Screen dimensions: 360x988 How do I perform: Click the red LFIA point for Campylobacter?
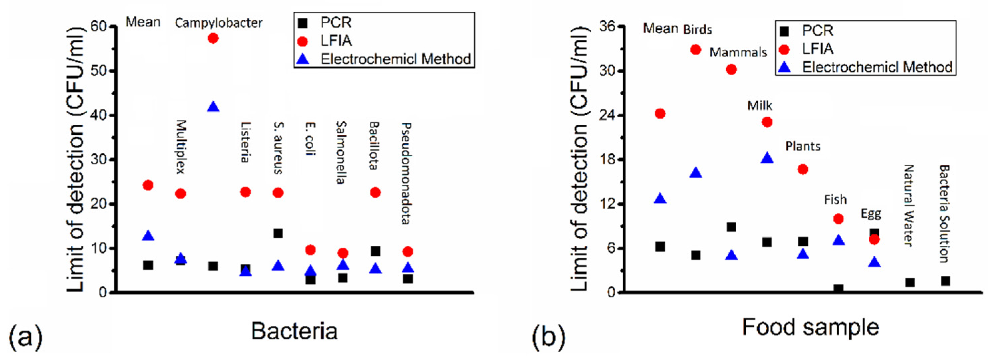[x=213, y=38]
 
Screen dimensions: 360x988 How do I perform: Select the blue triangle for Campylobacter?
[x=213, y=107]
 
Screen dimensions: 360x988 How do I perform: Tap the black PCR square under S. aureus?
[x=278, y=233]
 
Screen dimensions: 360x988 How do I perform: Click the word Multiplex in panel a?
[x=181, y=147]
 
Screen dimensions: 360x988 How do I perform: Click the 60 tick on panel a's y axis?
[x=98, y=26]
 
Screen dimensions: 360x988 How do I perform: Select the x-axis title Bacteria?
[x=294, y=331]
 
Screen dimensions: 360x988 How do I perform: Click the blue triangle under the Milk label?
[x=767, y=158]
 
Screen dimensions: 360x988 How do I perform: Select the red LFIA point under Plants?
[x=803, y=169]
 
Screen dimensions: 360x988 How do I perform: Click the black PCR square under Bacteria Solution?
[x=946, y=281]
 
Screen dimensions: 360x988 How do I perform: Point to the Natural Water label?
[x=908, y=206]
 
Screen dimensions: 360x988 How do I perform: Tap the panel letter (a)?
[x=26, y=336]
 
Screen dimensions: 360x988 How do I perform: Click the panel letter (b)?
[x=548, y=336]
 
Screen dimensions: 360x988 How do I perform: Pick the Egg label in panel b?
[x=871, y=214]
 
